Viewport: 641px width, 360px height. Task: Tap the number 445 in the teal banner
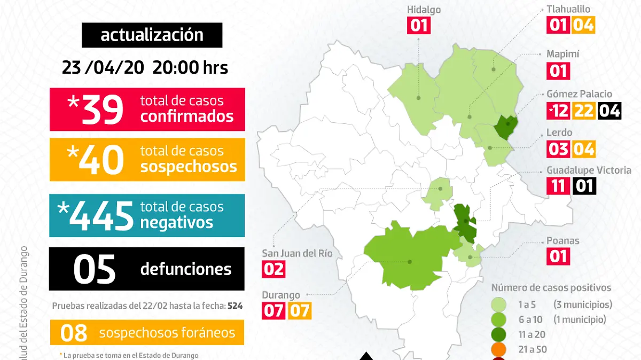(x=101, y=215)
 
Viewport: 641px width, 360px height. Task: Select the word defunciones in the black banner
(x=186, y=269)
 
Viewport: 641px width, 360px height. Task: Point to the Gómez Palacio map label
(x=579, y=94)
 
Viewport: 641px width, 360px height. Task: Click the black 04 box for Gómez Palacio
(x=609, y=111)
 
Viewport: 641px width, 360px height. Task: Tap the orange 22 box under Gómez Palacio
(x=584, y=111)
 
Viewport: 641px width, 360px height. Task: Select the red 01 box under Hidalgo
(x=419, y=26)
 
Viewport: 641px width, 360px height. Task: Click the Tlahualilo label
(x=568, y=9)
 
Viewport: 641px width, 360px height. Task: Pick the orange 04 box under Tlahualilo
(x=583, y=25)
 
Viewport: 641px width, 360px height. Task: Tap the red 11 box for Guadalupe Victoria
(x=558, y=186)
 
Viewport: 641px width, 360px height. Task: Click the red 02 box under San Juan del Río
(x=273, y=268)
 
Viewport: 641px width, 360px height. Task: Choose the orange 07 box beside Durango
(x=299, y=310)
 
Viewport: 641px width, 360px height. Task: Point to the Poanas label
(x=562, y=240)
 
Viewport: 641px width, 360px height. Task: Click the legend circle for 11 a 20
(x=500, y=335)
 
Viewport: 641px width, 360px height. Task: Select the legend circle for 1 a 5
(x=500, y=305)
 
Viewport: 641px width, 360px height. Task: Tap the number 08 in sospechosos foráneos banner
(x=74, y=333)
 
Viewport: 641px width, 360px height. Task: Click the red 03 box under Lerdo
(x=558, y=148)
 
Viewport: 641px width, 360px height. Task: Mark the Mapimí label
(x=562, y=54)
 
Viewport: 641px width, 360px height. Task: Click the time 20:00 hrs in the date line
(x=191, y=68)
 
